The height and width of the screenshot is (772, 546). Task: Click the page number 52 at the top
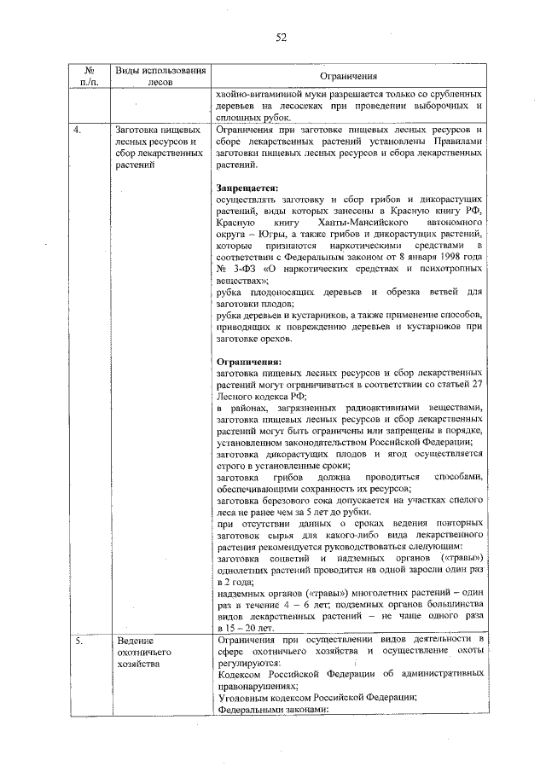point(281,37)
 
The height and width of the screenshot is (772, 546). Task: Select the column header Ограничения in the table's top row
point(350,76)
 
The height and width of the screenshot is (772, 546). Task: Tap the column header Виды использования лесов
point(160,76)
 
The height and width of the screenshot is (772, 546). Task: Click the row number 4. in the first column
point(78,130)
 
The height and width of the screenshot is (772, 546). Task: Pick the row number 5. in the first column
point(78,641)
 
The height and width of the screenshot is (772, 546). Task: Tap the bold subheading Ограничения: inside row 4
point(247,362)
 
